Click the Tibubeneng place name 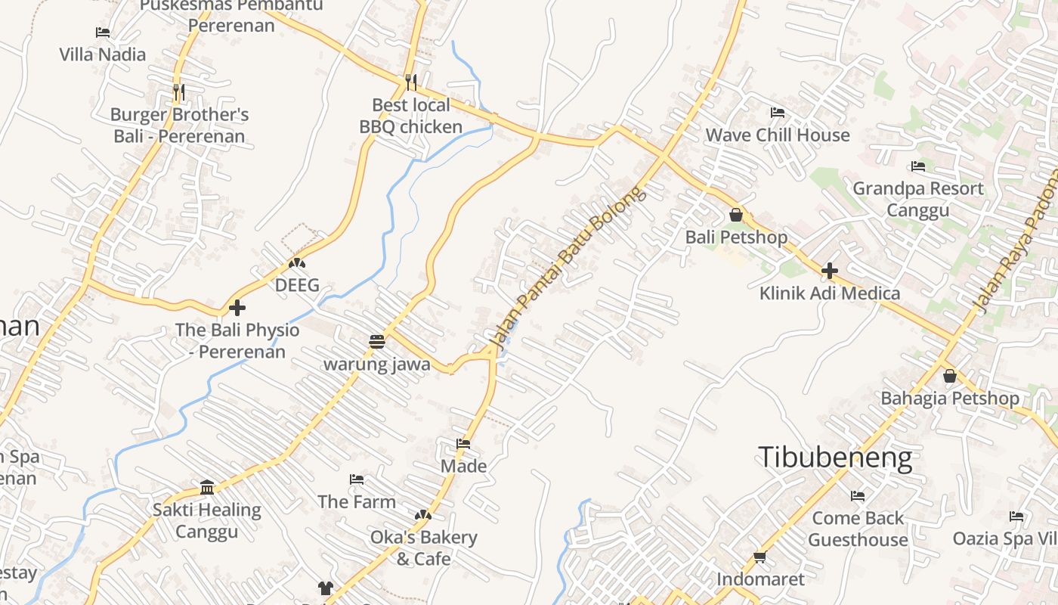pos(835,458)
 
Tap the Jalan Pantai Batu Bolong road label pos(569,268)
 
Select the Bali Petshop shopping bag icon pos(736,216)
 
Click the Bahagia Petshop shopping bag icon pos(950,376)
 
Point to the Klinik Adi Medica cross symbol pos(830,271)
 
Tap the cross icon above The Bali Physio pos(237,308)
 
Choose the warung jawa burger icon pos(377,342)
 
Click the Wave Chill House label pos(778,135)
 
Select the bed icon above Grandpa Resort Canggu pos(918,166)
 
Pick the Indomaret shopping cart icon pos(759,558)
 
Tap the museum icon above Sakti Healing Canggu pos(207,487)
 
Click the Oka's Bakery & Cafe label pos(423,548)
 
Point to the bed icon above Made pos(463,444)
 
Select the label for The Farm pos(357,501)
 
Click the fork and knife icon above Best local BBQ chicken pos(410,82)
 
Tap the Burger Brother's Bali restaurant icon pos(178,92)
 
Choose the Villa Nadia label pos(103,54)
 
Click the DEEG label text pos(297,285)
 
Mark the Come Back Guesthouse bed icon pos(858,496)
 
